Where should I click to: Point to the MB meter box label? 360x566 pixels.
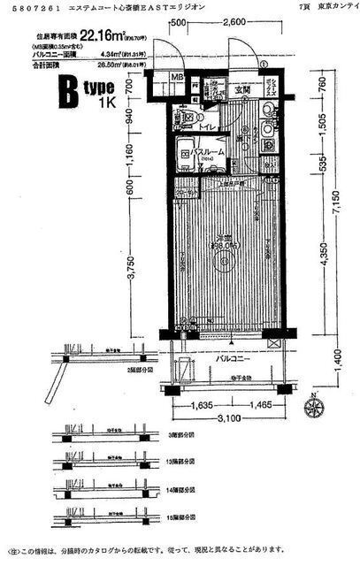click(x=177, y=78)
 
